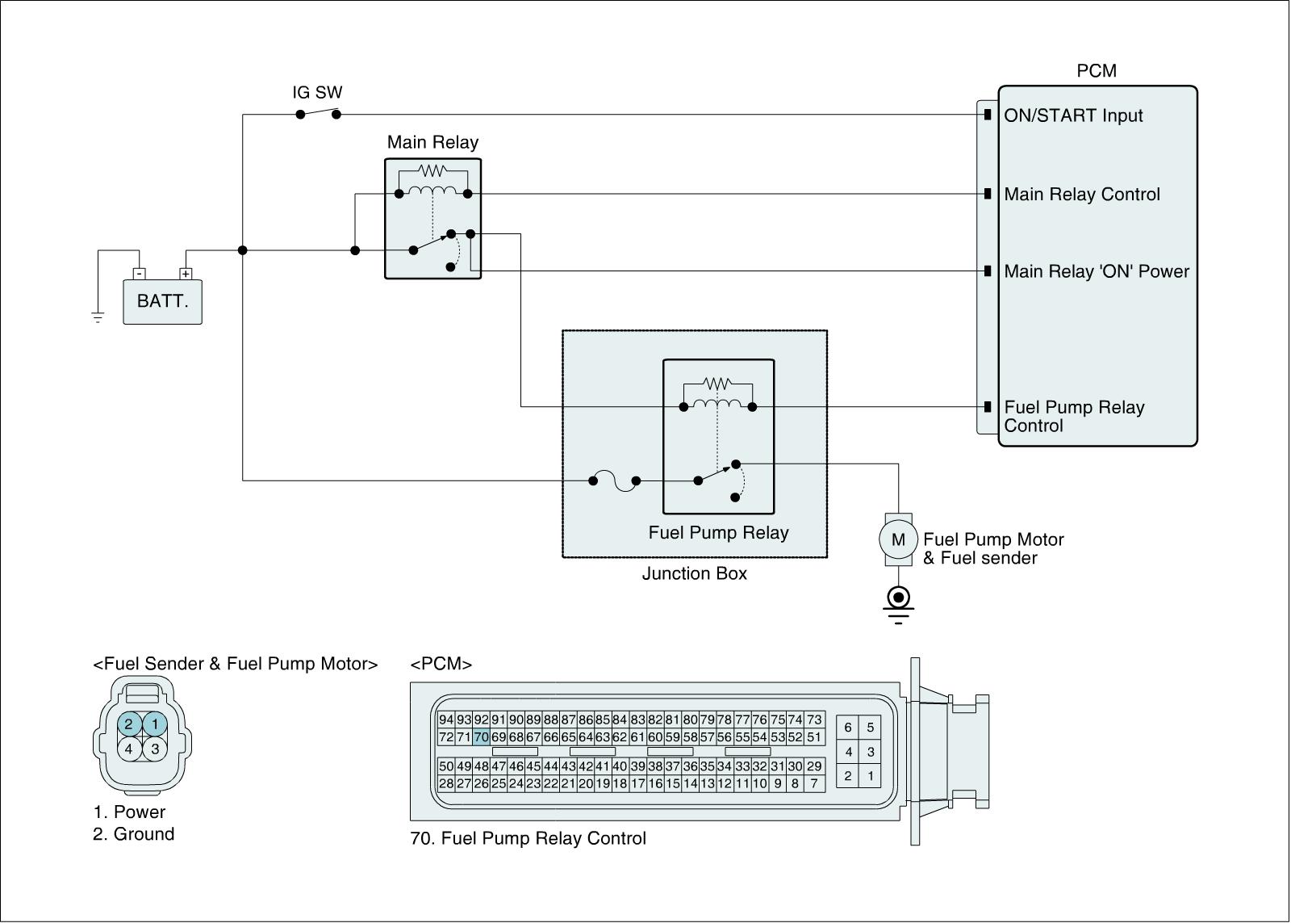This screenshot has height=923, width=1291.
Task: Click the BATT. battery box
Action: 162,302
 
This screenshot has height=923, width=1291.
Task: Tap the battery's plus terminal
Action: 186,274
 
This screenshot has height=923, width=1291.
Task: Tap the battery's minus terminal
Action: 140,274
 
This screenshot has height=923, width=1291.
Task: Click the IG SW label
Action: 317,92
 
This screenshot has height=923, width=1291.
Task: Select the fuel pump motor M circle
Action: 898,539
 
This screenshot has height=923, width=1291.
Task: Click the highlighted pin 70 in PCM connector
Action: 481,736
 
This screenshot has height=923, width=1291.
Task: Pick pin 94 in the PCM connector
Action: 446,720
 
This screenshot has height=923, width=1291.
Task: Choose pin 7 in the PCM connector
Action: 814,783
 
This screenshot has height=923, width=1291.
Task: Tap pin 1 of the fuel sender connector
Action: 154,724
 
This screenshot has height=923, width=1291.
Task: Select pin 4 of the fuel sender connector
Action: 129,749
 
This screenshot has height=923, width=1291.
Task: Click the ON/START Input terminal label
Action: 1073,115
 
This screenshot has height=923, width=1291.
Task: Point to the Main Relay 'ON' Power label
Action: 1097,271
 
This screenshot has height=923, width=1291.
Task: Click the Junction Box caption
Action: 695,573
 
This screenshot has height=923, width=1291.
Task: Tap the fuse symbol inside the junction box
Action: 614,480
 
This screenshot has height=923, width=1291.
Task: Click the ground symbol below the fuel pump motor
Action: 898,605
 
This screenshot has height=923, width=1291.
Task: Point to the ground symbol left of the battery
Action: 98,317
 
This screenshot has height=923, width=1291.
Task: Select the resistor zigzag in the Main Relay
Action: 432,170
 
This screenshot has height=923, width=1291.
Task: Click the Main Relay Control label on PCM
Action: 1082,195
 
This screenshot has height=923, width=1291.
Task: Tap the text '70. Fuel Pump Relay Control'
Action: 528,838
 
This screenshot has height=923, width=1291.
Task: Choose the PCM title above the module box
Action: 1097,71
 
